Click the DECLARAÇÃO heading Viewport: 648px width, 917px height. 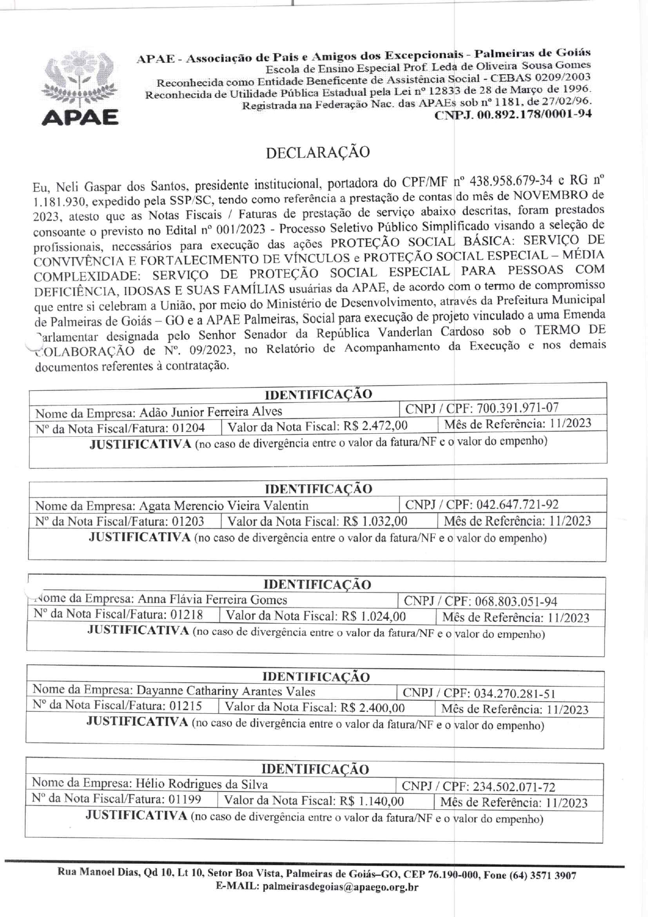coord(318,152)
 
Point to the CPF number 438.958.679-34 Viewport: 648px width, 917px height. coord(511,181)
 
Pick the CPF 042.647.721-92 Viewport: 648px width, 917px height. coord(516,504)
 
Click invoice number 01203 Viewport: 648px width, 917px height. coord(188,521)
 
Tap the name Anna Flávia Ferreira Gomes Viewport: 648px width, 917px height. coord(212,599)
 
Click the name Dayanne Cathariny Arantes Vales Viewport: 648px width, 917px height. coord(226,691)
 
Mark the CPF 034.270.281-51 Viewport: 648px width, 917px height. coord(514,693)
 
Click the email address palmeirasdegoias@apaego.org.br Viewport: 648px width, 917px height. coord(340,886)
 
